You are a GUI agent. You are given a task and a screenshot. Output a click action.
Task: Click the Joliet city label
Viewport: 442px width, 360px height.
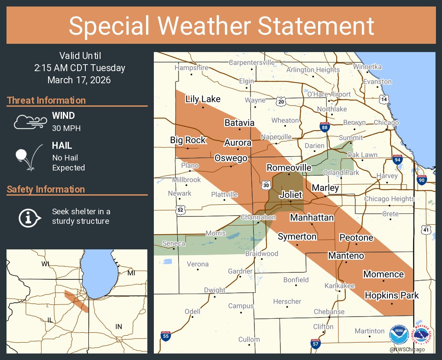pos(291,195)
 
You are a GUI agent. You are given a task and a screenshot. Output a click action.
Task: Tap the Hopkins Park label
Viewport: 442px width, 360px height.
pos(392,295)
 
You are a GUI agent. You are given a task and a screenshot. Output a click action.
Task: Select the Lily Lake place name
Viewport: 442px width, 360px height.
pos(203,99)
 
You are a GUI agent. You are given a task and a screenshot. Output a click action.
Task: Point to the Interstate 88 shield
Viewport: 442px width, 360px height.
pos(325,127)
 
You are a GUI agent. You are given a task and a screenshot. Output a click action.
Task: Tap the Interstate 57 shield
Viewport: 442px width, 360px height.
pos(316,344)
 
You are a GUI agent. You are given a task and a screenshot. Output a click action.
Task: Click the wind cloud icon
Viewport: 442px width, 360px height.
pos(29,122)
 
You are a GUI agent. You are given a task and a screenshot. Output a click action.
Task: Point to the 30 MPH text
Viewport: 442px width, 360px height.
pos(66,128)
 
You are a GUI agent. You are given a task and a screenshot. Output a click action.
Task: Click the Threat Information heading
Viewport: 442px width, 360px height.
pos(46,100)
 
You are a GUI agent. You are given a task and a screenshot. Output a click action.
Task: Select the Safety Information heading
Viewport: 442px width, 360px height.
pos(46,189)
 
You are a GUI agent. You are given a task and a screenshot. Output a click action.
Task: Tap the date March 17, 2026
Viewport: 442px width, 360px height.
pos(79,80)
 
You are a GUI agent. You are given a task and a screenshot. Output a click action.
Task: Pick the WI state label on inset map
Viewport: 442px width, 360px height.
pos(45,264)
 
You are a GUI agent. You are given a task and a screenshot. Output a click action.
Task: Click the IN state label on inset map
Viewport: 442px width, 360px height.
pos(119,326)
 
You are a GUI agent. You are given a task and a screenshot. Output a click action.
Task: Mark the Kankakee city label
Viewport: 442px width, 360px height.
pos(340,286)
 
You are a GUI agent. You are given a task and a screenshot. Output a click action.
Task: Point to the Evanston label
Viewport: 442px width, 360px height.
pos(377,82)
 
